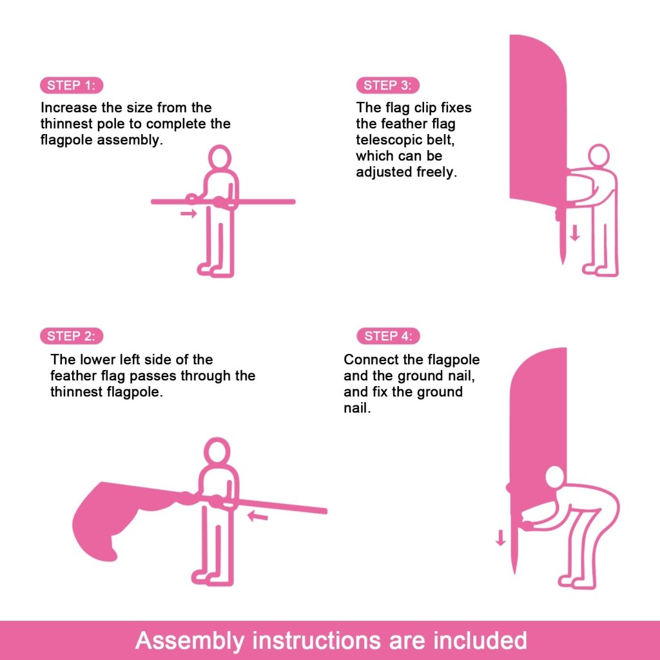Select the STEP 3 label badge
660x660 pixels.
(x=387, y=85)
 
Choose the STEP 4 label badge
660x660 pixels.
(x=388, y=336)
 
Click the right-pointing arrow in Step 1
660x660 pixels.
(x=188, y=213)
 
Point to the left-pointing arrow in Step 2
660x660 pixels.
(x=258, y=516)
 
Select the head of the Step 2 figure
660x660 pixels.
(x=217, y=451)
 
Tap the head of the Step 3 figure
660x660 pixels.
(x=599, y=155)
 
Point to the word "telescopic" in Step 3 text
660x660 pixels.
(x=387, y=140)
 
